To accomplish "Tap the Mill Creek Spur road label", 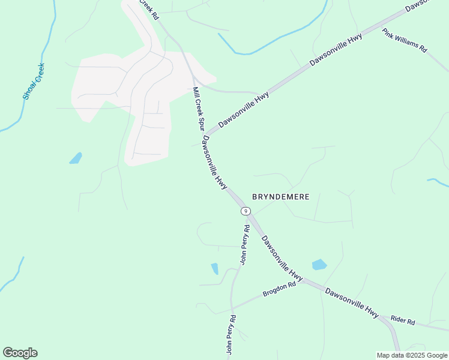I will pos(199,109).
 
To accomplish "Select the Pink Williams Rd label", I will pos(405,40).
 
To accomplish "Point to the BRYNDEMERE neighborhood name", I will pos(280,197).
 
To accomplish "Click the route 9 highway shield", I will pos(246,211).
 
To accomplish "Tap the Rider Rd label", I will pos(403,321).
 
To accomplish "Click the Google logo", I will pos(20,353).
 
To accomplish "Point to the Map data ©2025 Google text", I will pos(412,355).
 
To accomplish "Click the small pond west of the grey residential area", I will pos(76,158).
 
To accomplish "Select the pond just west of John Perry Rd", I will pos(215,268).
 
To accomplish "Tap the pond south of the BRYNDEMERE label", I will pos(319,265).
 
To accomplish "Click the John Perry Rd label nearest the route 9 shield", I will pos(245,244).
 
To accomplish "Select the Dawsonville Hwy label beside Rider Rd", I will pos(352,301).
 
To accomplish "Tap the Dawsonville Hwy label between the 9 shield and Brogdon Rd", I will pos(282,257).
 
